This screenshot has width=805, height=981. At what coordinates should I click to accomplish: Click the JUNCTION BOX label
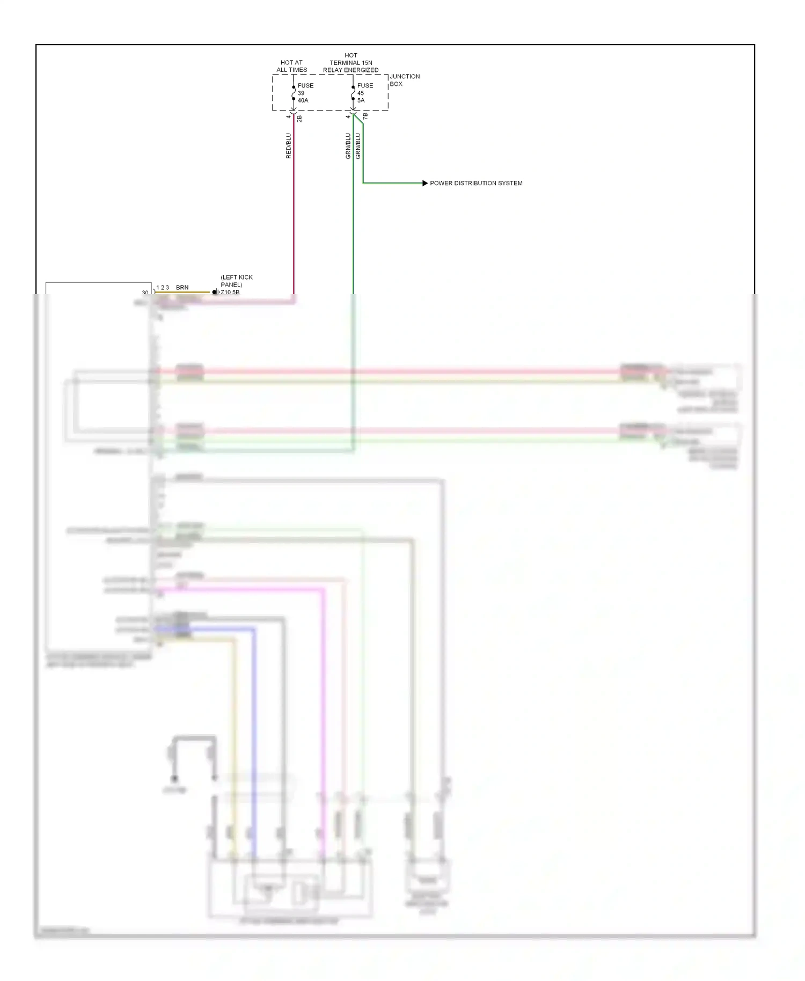(404, 80)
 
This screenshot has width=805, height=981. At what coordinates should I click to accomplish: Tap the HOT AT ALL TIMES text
(291, 66)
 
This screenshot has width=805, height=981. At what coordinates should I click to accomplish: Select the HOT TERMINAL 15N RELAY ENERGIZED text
(350, 63)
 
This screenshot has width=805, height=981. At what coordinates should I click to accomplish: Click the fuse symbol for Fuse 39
(294, 93)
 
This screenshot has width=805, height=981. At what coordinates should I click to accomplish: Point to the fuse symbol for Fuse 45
(353, 93)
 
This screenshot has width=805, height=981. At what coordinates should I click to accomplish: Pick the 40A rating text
(303, 100)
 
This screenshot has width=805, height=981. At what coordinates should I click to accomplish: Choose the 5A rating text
(361, 100)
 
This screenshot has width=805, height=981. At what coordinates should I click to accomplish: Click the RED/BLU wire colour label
(288, 145)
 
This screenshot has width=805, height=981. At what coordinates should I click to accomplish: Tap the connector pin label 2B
(299, 119)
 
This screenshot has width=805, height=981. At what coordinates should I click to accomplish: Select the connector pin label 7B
(365, 116)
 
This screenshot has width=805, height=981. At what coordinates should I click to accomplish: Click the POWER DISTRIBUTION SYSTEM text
(476, 183)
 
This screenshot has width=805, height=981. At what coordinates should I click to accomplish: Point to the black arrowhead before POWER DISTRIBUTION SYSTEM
(425, 183)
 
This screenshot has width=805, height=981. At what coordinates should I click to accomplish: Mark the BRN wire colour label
(182, 288)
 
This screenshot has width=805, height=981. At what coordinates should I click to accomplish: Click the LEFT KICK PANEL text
(236, 281)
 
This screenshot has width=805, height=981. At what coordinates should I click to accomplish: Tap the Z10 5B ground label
(230, 292)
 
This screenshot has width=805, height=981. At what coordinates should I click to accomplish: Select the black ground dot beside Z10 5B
(215, 292)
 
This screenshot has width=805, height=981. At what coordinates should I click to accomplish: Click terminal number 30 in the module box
(145, 292)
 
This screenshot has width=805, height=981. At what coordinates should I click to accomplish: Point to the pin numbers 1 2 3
(163, 288)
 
